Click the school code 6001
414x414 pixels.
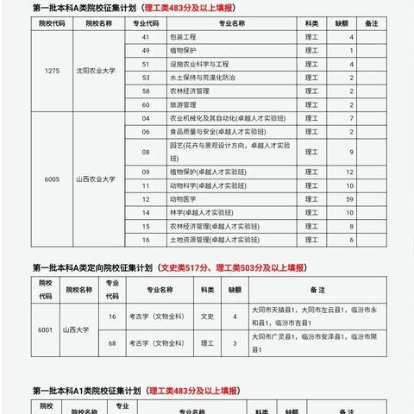45,329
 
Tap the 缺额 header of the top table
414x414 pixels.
350,24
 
